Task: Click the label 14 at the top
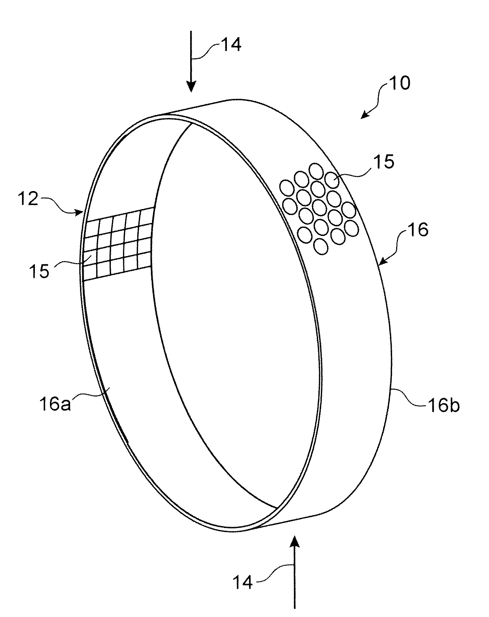pyautogui.click(x=231, y=45)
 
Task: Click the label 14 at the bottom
pyautogui.click(x=243, y=582)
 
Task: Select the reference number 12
pyautogui.click(x=28, y=199)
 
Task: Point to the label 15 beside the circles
pyautogui.click(x=384, y=162)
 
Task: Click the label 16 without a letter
pyautogui.click(x=418, y=230)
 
